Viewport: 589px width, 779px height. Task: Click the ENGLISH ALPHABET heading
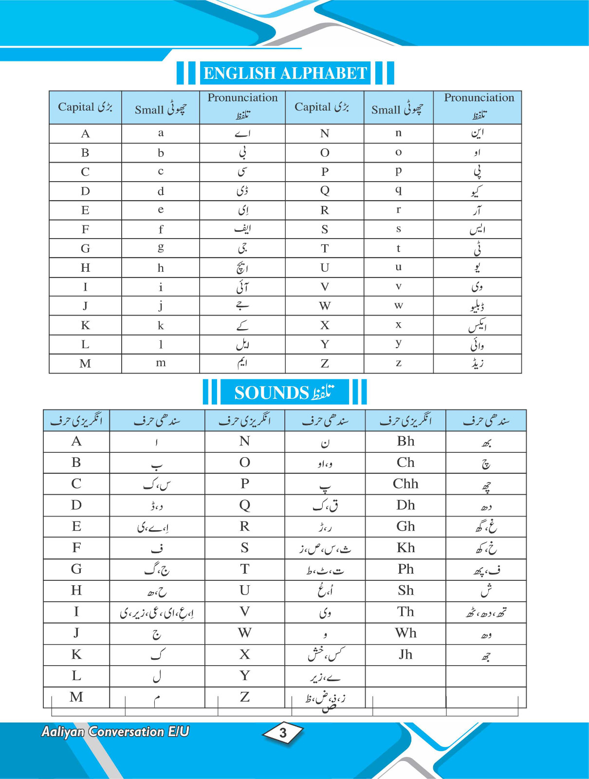(285, 73)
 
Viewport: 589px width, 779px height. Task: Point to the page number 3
(283, 733)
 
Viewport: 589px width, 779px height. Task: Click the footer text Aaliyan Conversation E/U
(115, 732)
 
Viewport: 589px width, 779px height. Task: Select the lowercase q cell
(399, 190)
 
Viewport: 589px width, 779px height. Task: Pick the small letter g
(161, 248)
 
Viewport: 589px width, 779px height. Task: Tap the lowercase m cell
(161, 363)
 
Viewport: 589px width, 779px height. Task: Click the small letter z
(399, 363)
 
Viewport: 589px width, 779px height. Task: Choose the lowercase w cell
(399, 306)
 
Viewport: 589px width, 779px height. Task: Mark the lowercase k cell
(161, 325)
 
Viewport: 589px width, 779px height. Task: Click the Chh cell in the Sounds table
(405, 484)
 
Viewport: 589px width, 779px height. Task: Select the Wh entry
(405, 633)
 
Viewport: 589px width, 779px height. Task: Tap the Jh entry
(405, 654)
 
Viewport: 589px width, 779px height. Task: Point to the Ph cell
(405, 569)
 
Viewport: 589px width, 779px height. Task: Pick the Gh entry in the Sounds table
(405, 526)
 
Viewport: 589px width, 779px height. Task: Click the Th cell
(405, 612)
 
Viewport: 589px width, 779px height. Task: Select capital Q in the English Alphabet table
(325, 190)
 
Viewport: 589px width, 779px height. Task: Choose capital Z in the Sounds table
(245, 697)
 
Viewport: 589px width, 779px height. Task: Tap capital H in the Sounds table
(76, 591)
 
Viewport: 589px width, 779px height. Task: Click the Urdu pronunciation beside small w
(477, 306)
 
